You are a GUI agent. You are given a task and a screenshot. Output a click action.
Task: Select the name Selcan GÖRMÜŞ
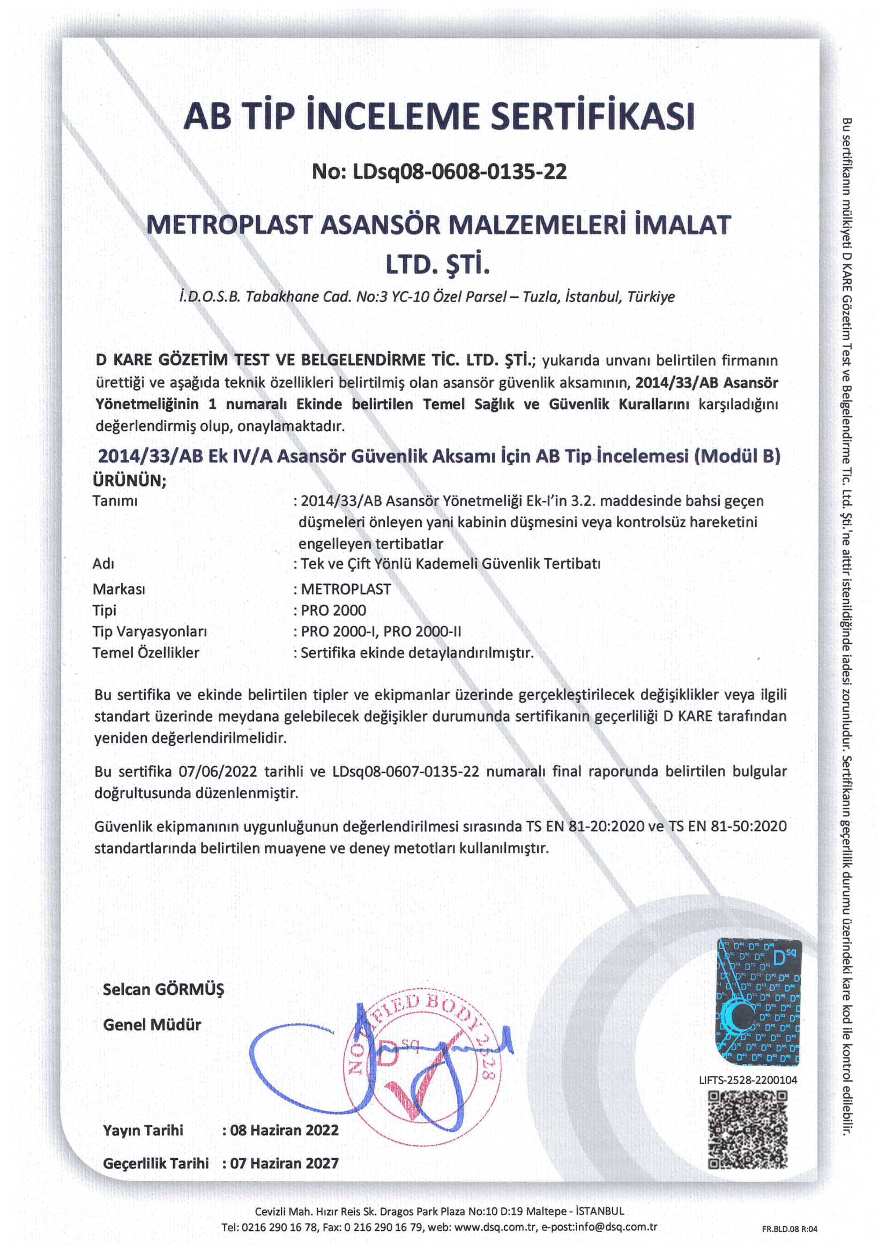tap(163, 989)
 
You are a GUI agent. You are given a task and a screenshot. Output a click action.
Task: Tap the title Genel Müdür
tap(152, 1025)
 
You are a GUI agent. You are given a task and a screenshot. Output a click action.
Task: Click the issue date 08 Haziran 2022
tap(284, 1130)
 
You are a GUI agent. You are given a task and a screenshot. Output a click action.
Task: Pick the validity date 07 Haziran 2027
tap(284, 1163)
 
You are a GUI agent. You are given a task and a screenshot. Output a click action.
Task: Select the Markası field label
tap(118, 589)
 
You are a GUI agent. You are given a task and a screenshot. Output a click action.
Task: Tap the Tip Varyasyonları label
tap(150, 632)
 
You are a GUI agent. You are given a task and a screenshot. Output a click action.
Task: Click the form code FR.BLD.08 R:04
tap(790, 1229)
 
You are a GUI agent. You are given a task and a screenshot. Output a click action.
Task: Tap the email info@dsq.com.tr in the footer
tap(612, 1227)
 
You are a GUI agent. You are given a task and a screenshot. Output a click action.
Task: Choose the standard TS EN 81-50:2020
tap(728, 826)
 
